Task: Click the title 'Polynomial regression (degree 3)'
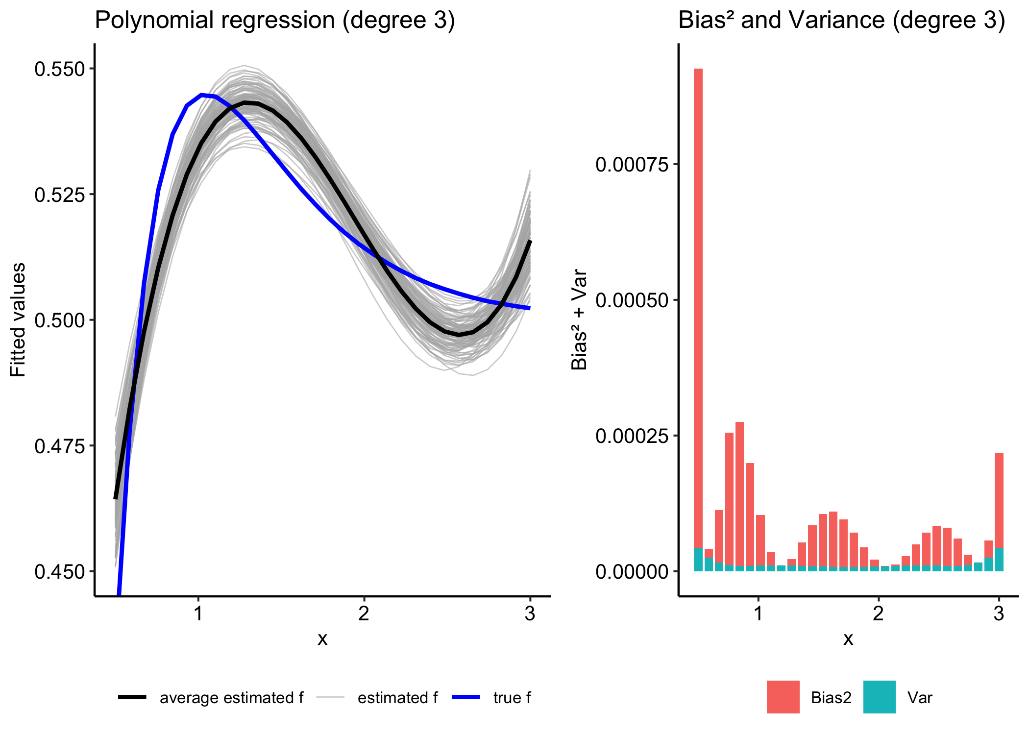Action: [x=274, y=21]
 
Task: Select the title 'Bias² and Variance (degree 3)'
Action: [x=841, y=21]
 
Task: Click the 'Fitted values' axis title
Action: [x=18, y=320]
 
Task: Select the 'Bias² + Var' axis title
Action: [x=580, y=319]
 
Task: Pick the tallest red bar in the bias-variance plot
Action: [x=698, y=294]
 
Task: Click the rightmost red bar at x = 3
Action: [x=999, y=500]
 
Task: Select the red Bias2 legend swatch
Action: [x=783, y=697]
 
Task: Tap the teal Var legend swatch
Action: [x=880, y=697]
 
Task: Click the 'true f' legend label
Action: [x=512, y=698]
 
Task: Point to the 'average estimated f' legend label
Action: [x=231, y=698]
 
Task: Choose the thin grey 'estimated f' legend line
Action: [x=331, y=697]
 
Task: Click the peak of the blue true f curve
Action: [x=202, y=95]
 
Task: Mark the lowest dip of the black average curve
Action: [x=459, y=335]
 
